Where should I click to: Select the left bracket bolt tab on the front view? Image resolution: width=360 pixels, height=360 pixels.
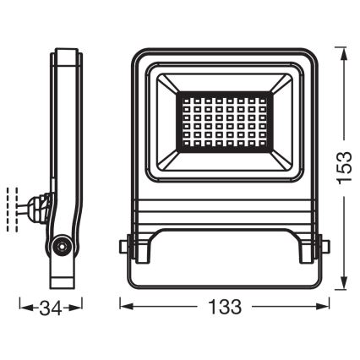pos(124,248)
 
